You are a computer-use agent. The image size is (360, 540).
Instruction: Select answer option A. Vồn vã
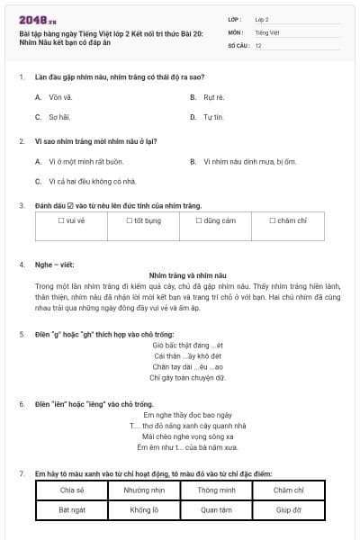[x=54, y=96]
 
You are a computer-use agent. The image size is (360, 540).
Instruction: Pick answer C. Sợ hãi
[x=54, y=117]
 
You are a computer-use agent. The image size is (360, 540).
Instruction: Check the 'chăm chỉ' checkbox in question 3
[x=273, y=220]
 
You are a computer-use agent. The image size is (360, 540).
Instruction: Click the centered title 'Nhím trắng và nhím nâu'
[x=187, y=274]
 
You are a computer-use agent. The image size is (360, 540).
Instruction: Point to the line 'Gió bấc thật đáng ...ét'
[x=187, y=345]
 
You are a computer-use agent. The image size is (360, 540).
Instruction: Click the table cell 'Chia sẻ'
[x=71, y=490]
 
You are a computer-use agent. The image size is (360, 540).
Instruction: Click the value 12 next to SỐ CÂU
[x=258, y=44]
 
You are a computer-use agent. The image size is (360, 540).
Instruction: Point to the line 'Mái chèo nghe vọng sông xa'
[x=187, y=435]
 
